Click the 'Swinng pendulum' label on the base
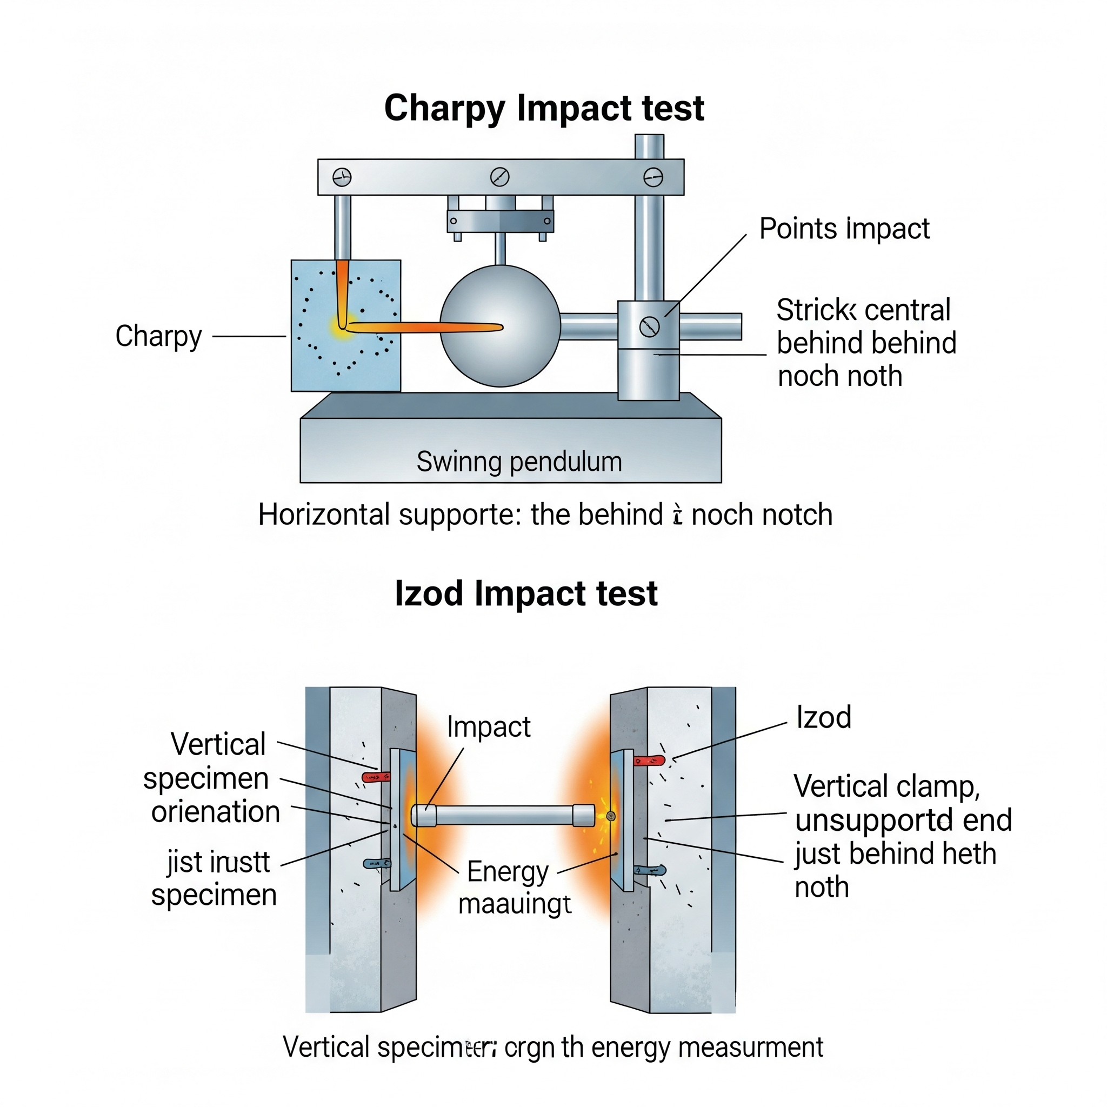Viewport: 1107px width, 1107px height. click(x=518, y=462)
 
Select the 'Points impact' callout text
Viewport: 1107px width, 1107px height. click(x=843, y=229)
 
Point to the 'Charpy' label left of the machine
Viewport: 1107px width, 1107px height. click(x=158, y=336)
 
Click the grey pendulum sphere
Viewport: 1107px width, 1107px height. click(x=499, y=325)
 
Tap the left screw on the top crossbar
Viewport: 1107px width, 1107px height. click(x=342, y=177)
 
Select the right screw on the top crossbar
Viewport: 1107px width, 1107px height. click(x=653, y=177)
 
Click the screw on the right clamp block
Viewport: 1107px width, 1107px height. click(x=649, y=326)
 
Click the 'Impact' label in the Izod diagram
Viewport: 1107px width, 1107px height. click(x=488, y=727)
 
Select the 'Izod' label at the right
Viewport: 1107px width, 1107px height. click(x=823, y=717)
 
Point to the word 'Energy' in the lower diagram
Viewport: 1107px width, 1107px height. click(x=507, y=872)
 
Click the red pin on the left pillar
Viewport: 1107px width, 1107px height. click(x=376, y=777)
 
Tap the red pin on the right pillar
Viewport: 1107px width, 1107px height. click(x=649, y=761)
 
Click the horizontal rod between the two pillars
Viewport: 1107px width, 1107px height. click(x=503, y=815)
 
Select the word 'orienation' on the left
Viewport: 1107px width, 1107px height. click(x=216, y=812)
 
